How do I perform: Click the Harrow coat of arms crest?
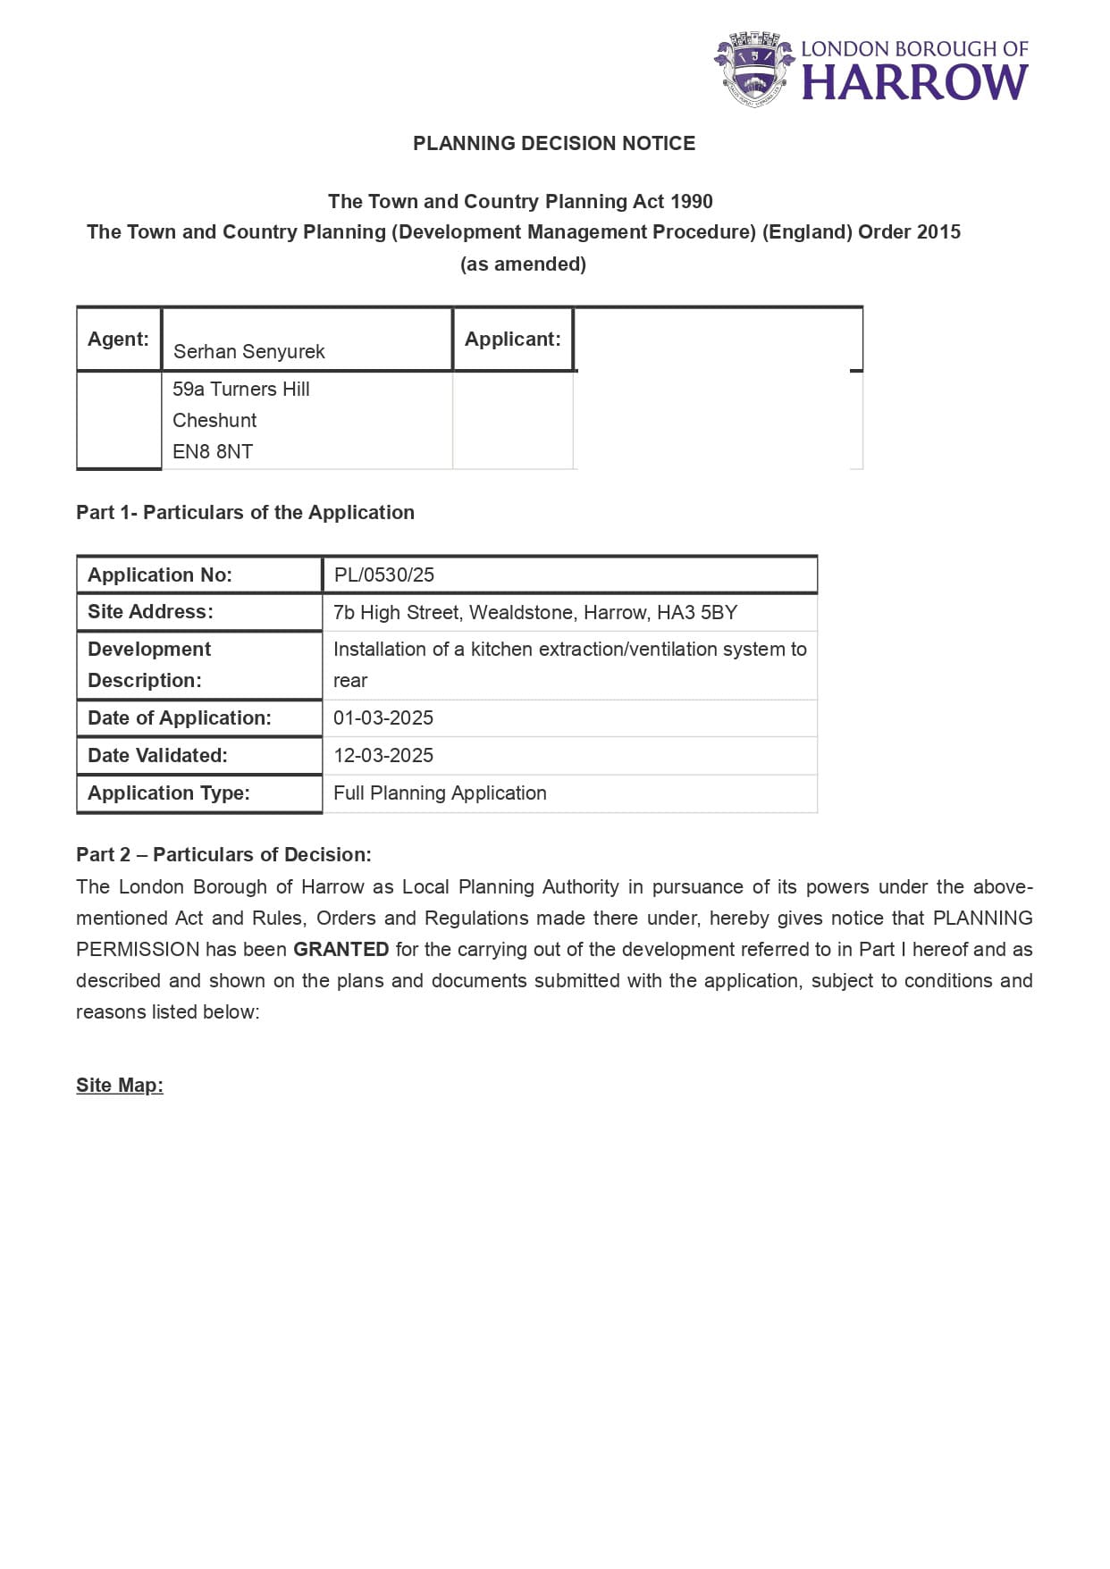[754, 69]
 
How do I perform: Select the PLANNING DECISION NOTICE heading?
[554, 143]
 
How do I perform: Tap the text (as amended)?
[523, 264]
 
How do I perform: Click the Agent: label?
[118, 340]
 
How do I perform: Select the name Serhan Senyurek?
[248, 351]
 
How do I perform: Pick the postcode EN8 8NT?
[213, 451]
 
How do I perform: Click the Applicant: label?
[512, 340]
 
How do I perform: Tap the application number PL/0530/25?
[383, 575]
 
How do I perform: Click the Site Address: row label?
[150, 612]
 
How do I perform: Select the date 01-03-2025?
[383, 717]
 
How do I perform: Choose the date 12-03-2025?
[383, 755]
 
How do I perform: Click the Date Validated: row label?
[157, 755]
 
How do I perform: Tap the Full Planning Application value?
[440, 793]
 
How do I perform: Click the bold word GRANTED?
[341, 949]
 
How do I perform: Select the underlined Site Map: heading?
[120, 1085]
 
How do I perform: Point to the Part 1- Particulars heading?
[245, 512]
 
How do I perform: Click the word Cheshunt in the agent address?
[214, 420]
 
